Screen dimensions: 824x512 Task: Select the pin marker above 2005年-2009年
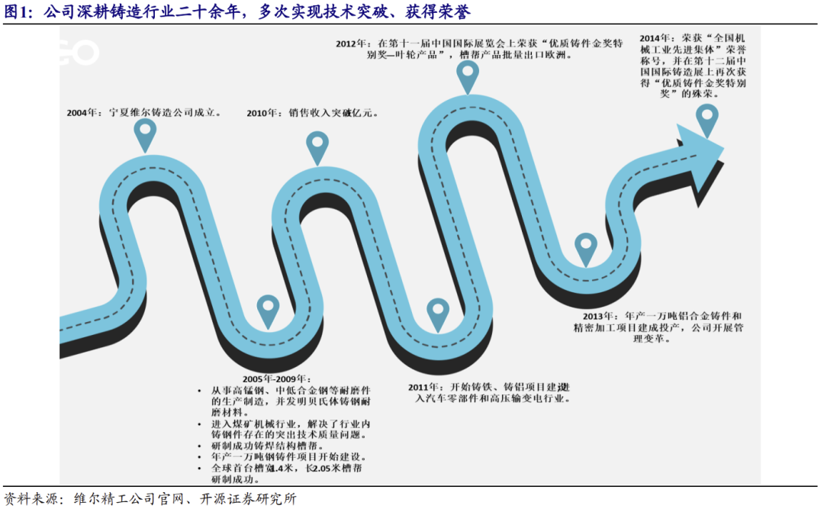tap(268, 310)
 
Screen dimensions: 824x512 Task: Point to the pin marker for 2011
tap(437, 313)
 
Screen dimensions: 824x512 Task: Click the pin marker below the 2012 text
tap(468, 76)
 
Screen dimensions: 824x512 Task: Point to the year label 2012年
tap(354, 43)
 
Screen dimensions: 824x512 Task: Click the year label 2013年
tap(597, 316)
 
